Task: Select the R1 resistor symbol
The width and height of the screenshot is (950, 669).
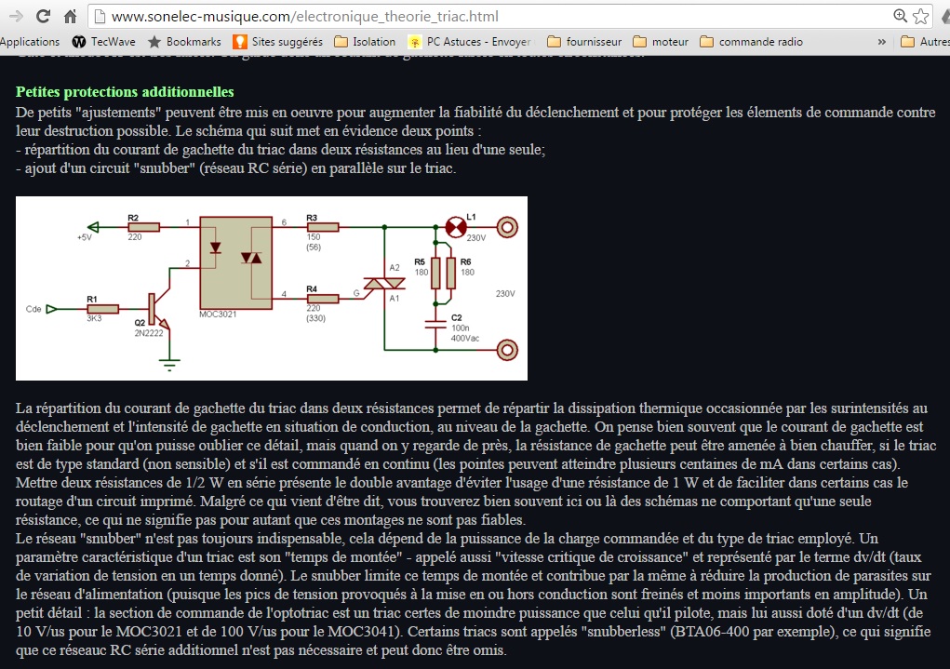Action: click(x=102, y=308)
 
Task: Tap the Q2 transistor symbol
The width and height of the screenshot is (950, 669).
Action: click(x=155, y=308)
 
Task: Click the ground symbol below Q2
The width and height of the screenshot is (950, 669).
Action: click(x=168, y=361)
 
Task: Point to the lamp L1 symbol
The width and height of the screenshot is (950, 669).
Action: click(x=455, y=226)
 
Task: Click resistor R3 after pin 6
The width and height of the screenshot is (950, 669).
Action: click(x=323, y=226)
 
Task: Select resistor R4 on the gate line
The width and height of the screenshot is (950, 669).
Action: click(x=323, y=298)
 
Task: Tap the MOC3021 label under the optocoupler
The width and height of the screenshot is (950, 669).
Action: click(x=219, y=314)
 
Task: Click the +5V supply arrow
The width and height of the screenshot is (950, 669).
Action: click(x=92, y=226)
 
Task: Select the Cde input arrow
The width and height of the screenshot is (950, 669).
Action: click(x=52, y=308)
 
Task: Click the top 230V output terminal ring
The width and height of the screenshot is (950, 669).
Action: click(x=508, y=226)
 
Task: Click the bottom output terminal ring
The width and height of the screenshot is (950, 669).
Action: click(x=508, y=350)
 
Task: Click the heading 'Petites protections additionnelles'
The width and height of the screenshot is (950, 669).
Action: click(x=125, y=92)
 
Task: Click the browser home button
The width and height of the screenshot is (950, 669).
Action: click(x=70, y=16)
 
